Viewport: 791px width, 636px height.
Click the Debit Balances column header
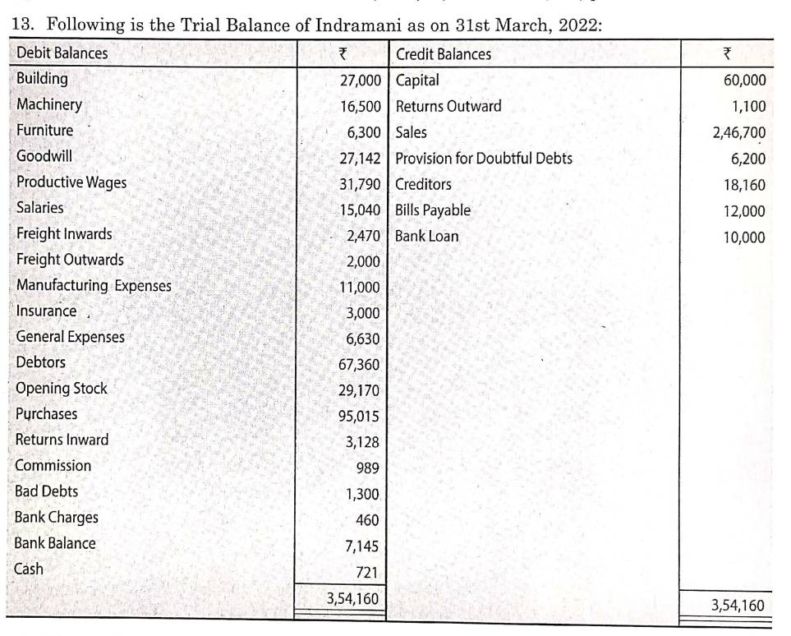click(62, 53)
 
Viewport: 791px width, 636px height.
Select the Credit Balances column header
click(444, 54)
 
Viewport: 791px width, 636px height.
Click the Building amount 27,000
click(360, 81)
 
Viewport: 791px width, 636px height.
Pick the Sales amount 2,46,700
click(738, 133)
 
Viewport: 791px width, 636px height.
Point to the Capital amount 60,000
click(743, 81)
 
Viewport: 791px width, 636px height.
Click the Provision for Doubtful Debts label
click(484, 159)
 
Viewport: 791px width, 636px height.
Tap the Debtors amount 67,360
click(359, 364)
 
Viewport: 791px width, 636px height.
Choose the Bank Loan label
click(427, 237)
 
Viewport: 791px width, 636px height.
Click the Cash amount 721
click(366, 570)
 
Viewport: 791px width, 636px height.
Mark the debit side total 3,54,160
click(352, 599)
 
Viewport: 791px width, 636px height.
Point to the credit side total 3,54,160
click(737, 606)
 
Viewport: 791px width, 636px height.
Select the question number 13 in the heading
click(23, 25)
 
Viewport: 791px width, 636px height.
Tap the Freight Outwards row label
click(70, 260)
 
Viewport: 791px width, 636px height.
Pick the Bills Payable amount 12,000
click(743, 211)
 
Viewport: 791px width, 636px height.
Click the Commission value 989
click(367, 468)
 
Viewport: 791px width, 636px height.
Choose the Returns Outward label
click(448, 107)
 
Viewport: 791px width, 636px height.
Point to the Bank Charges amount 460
click(367, 519)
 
